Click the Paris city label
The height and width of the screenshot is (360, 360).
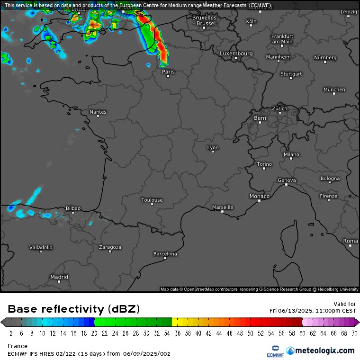click(168, 72)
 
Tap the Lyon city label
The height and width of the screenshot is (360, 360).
click(213, 148)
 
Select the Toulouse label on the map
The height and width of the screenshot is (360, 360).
click(152, 200)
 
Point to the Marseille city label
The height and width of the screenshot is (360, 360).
click(223, 207)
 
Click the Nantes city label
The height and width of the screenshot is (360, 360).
click(98, 112)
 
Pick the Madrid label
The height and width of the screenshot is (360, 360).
click(59, 277)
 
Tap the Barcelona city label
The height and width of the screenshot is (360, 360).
click(165, 254)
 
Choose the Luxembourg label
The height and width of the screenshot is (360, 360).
click(236, 54)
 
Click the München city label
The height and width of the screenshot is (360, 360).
click(334, 90)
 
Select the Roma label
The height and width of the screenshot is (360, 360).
click(351, 241)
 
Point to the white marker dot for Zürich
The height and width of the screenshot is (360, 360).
click(280, 114)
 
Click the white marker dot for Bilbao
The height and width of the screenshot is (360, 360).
click(73, 213)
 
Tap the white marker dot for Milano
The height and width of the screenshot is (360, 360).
click(291, 159)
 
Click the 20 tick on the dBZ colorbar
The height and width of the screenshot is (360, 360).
click(95, 333)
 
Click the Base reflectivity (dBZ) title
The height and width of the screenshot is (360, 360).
click(74, 309)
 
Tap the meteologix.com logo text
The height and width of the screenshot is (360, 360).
click(324, 351)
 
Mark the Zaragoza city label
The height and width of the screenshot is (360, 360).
click(110, 247)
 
